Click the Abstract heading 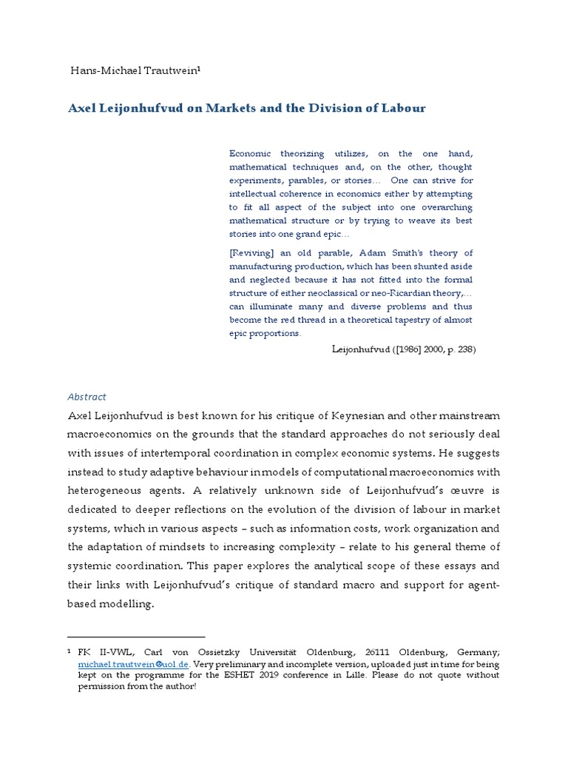click(87, 397)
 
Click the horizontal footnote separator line click(136, 637)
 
